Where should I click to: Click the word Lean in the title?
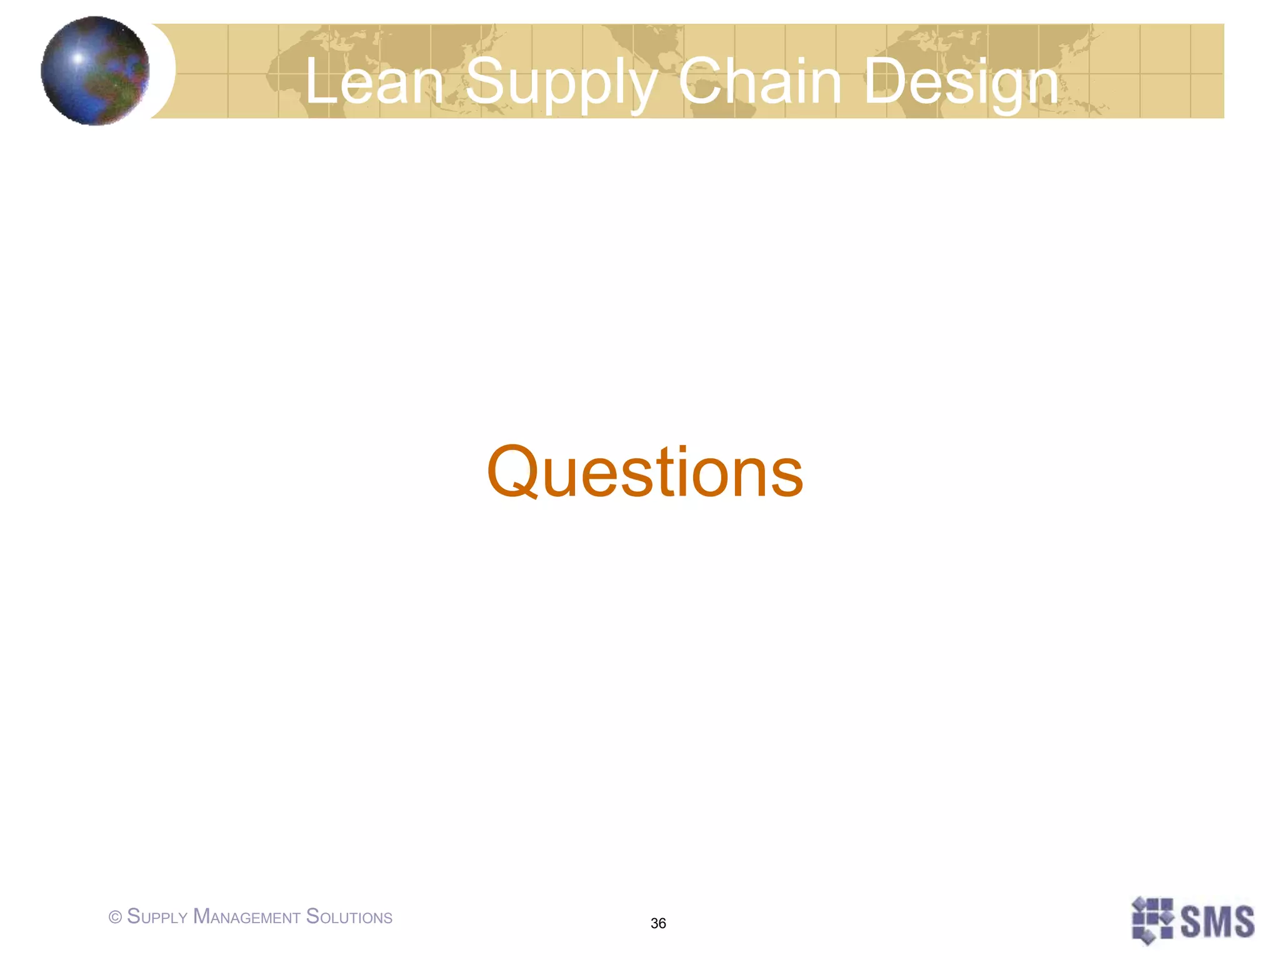click(x=374, y=81)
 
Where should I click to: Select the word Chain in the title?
click(x=759, y=81)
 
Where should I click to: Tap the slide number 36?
click(x=658, y=923)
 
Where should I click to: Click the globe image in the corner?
click(x=95, y=71)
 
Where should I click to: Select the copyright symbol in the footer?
click(x=115, y=917)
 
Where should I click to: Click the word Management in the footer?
click(x=247, y=917)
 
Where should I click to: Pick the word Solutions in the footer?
click(x=349, y=917)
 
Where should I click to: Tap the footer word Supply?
click(x=157, y=917)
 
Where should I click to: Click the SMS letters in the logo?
click(x=1217, y=921)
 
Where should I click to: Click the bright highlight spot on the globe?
click(x=78, y=58)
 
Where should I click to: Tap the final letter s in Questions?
click(x=787, y=478)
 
